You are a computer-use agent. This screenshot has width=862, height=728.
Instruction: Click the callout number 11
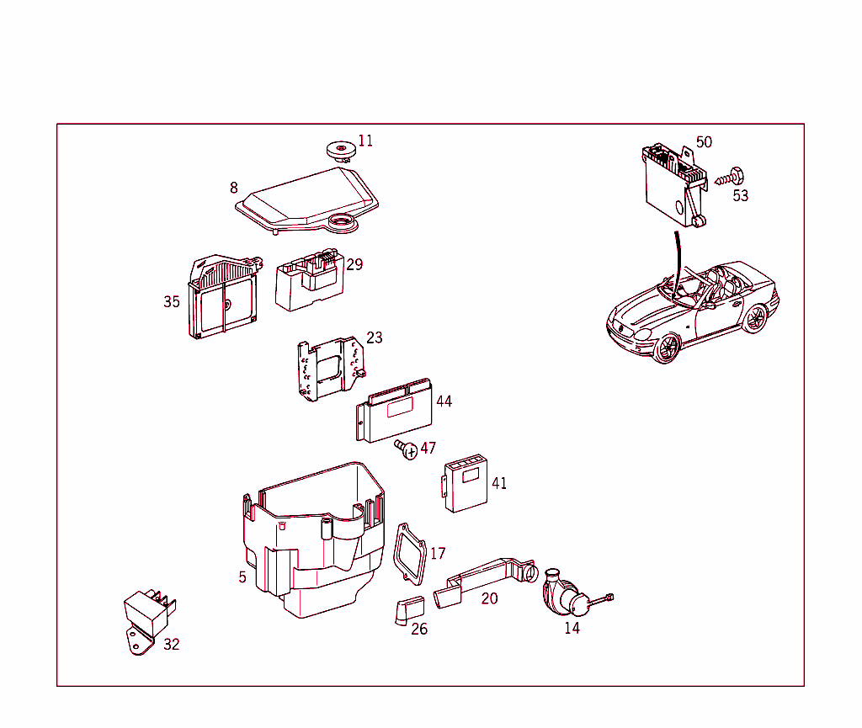(x=365, y=141)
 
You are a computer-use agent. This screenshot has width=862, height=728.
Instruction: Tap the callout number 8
(x=234, y=188)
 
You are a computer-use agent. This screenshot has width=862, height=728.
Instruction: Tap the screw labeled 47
(x=407, y=450)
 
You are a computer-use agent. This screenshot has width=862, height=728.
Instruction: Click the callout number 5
(x=242, y=577)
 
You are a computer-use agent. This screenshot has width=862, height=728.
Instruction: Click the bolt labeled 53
(x=729, y=178)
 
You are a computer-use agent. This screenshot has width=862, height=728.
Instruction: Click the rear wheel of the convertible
(x=755, y=318)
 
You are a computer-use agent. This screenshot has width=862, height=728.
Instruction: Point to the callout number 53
(x=740, y=196)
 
